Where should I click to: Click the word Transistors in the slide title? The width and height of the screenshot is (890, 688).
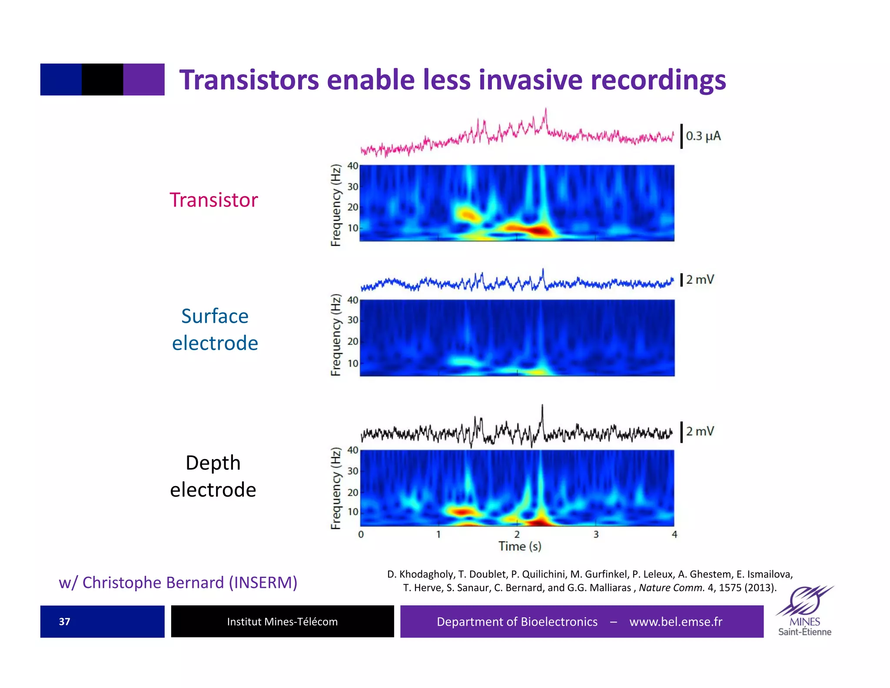pos(249,80)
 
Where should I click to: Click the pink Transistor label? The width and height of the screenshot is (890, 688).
pos(213,200)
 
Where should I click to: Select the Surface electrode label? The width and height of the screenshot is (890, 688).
pos(215,329)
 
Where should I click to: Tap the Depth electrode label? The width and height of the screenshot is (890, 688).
pos(213,476)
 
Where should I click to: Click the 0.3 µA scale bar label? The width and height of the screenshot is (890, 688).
pos(703,136)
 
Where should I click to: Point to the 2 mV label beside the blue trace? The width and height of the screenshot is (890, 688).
pos(700,280)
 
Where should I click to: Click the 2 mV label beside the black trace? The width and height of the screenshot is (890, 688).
pos(700,431)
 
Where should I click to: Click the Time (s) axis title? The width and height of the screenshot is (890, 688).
pos(519,546)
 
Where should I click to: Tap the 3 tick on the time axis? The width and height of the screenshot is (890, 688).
pos(596,534)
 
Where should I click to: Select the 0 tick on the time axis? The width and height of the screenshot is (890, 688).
pos(361,534)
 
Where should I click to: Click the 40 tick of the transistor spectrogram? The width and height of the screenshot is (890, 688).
pos(352,166)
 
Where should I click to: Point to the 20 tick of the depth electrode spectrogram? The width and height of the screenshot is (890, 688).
pos(352,492)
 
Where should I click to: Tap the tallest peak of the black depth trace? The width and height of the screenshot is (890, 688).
pos(542,407)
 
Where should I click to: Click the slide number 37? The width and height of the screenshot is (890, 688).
pos(64,621)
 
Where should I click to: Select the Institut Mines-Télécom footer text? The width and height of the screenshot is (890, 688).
pos(282,621)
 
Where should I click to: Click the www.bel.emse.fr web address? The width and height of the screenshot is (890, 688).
pos(675,621)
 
